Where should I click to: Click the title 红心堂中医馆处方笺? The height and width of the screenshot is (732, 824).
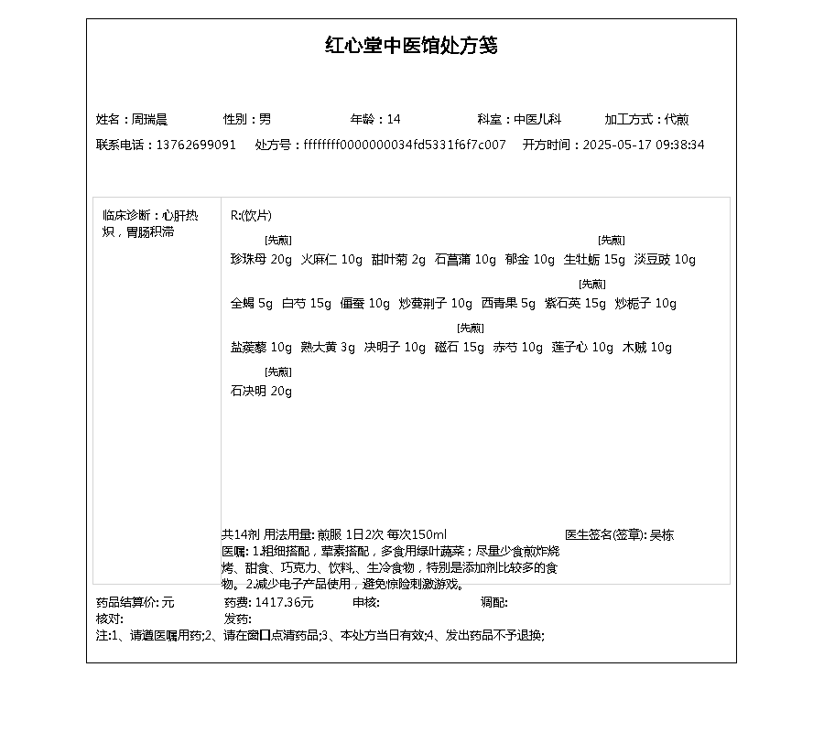(411, 46)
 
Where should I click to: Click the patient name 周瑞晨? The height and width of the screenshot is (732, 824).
(149, 119)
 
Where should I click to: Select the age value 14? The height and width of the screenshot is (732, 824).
(394, 119)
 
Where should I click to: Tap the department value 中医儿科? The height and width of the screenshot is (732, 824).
(537, 119)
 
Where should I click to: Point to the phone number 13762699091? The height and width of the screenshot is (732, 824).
(196, 145)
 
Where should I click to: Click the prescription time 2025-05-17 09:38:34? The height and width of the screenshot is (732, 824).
(644, 145)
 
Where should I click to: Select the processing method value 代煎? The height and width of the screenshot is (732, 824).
(677, 119)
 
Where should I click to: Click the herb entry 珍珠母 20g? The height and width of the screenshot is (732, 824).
(261, 260)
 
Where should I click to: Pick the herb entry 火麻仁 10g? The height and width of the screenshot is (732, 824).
(331, 260)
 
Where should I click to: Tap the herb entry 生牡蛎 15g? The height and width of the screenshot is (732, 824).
(594, 260)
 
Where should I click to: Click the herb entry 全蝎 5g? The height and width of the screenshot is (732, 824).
(252, 304)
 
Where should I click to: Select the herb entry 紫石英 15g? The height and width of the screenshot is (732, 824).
(575, 304)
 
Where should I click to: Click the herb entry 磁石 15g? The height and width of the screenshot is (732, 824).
(460, 348)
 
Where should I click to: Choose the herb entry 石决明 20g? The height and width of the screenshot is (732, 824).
(261, 392)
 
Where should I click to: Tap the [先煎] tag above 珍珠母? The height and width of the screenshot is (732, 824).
(278, 241)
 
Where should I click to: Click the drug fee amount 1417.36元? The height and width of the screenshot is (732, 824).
(284, 602)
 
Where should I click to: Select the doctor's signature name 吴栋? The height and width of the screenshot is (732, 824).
(661, 535)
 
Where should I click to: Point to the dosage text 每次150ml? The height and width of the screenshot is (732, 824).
(417, 535)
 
